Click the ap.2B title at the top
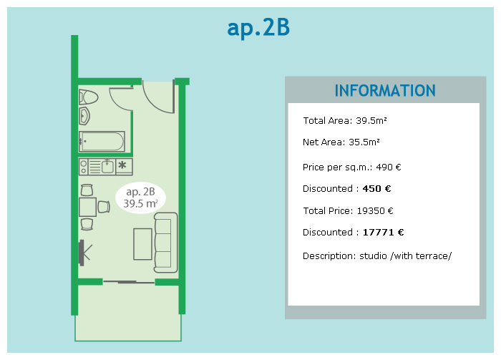tap(258, 28)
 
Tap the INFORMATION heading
tap(385, 91)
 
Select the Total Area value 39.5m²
tap(371, 121)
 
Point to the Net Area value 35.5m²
tap(364, 142)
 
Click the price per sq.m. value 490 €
tap(388, 167)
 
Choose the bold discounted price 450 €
tap(376, 189)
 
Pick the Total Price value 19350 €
tap(375, 211)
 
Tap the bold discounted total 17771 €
tap(383, 232)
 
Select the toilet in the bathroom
tap(89, 97)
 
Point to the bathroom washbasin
tap(84, 116)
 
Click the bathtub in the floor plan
tap(102, 141)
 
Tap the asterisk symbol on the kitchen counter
tap(122, 165)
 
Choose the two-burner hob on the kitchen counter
tap(84, 167)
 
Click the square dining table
tap(87, 207)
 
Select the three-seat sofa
tap(166, 243)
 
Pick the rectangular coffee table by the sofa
tap(142, 244)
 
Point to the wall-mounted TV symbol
tap(85, 253)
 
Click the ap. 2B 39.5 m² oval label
tap(140, 198)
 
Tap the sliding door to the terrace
tap(129, 282)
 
